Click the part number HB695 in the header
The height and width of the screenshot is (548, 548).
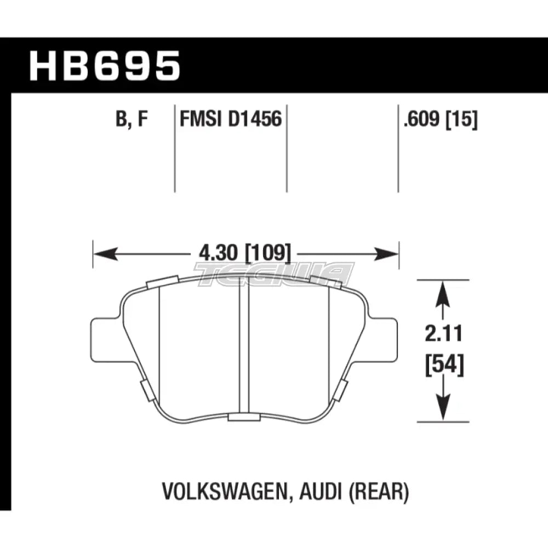pos(105,66)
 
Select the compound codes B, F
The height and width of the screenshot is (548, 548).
pos(132,119)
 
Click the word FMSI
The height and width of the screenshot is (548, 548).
pos(201,118)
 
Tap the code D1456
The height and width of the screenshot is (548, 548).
pos(255,118)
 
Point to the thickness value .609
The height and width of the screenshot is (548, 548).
pos(421,119)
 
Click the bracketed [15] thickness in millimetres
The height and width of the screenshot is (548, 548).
pos(461,119)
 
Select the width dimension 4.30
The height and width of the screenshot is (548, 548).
pos(218,253)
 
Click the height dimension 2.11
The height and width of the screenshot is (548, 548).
pos(443,333)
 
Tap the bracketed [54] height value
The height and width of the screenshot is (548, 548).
pos(444,364)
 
